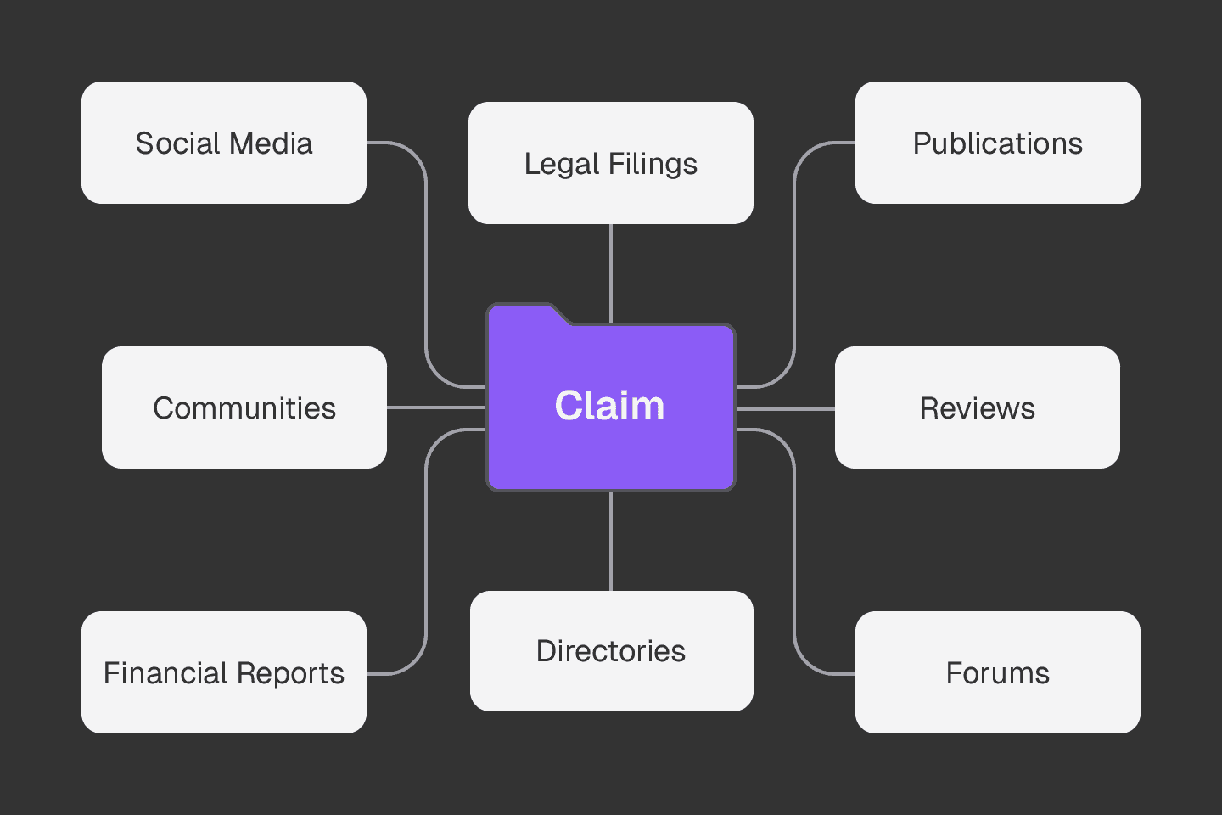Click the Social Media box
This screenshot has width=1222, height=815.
(223, 143)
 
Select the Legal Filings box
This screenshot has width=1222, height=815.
(610, 163)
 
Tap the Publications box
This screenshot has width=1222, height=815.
(997, 143)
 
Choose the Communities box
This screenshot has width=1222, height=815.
(244, 407)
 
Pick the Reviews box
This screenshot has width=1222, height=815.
(977, 407)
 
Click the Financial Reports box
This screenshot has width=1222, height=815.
(223, 672)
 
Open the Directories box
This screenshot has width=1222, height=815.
(611, 651)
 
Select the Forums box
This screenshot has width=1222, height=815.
(997, 672)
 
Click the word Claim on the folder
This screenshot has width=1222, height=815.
(609, 406)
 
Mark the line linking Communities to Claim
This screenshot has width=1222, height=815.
(434, 408)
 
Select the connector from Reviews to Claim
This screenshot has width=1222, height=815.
(785, 409)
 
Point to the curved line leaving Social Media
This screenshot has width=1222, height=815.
(425, 255)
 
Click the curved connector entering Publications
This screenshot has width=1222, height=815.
(794, 255)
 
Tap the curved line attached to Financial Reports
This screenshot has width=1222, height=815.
(425, 552)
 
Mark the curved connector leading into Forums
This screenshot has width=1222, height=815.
(794, 552)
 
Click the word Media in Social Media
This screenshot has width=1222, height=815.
(273, 143)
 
